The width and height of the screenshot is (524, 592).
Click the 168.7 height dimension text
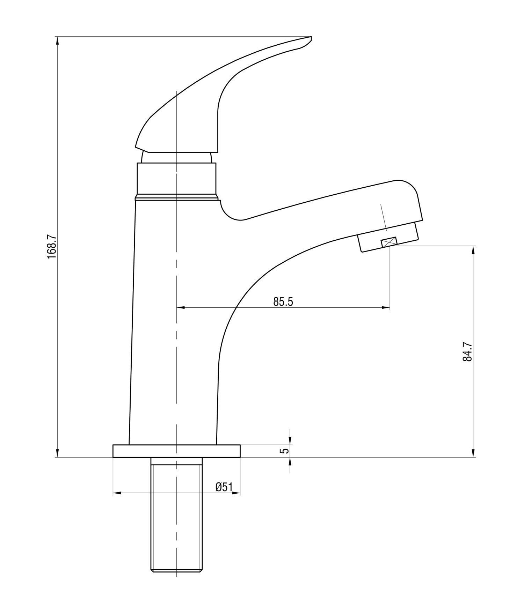[x=52, y=247]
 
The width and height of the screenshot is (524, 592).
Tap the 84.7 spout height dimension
[x=467, y=352]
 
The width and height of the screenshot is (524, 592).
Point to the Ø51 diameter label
[x=224, y=487]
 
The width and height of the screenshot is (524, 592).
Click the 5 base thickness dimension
[x=285, y=451]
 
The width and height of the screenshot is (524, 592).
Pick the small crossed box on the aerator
[x=389, y=241]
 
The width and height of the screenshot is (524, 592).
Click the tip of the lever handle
[x=311, y=37]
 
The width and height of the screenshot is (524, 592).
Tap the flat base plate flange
[x=176, y=451]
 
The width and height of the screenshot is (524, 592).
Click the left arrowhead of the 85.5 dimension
[x=180, y=307]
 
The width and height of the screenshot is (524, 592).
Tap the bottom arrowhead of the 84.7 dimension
[x=474, y=453]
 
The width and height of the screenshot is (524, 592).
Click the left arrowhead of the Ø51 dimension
[x=117, y=493]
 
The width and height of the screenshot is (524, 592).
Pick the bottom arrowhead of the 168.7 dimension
[x=57, y=453]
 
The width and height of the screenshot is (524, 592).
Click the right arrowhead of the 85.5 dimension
[x=386, y=307]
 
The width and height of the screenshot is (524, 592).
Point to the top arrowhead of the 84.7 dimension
[x=474, y=250]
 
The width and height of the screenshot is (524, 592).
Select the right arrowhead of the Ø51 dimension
[x=236, y=493]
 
